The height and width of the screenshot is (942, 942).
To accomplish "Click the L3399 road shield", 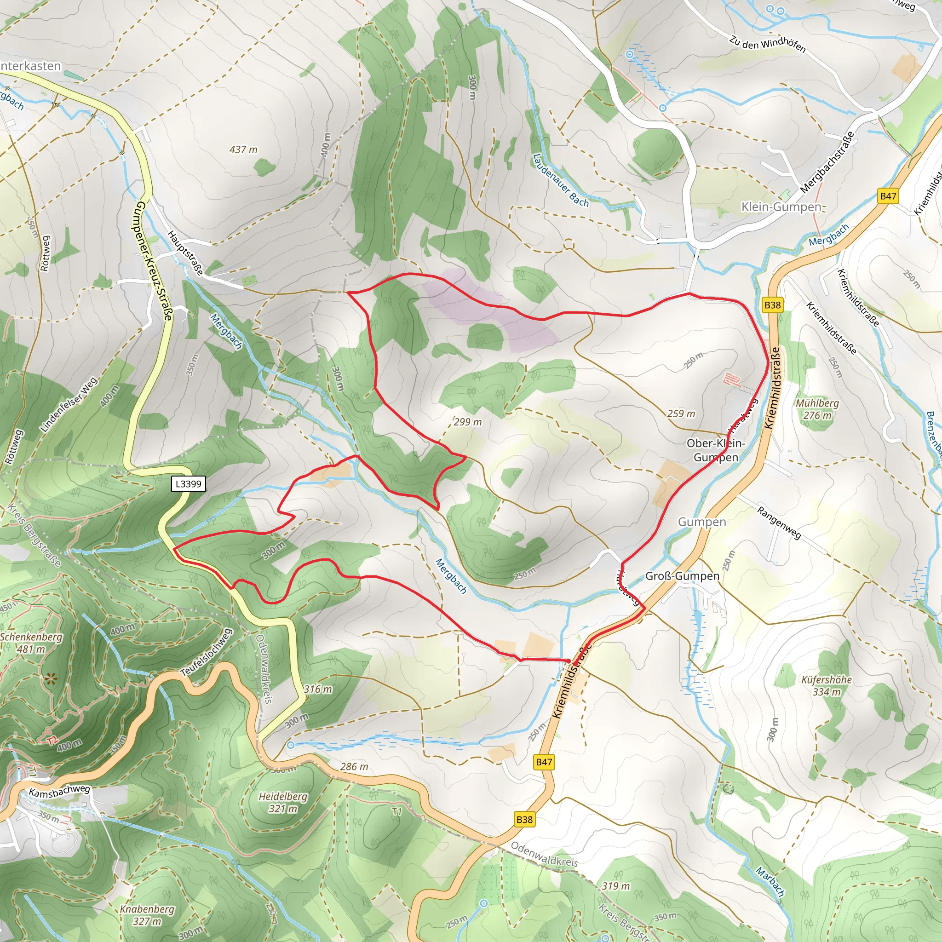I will (x=188, y=484).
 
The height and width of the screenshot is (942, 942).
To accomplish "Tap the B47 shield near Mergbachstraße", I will (x=888, y=196).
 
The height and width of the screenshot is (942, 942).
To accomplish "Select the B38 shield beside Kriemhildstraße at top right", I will (x=772, y=305).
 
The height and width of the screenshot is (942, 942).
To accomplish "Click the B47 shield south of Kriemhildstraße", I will (x=544, y=762).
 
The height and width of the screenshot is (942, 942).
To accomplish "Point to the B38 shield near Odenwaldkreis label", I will (x=525, y=819).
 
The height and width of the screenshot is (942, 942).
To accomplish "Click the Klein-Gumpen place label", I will (x=781, y=207).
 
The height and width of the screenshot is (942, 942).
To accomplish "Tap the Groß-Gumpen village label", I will (x=682, y=576).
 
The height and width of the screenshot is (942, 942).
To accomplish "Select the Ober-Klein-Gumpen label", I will (x=716, y=450).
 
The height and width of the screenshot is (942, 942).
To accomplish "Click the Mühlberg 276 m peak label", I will (x=817, y=409).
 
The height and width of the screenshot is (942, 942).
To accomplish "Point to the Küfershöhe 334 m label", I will (x=827, y=685).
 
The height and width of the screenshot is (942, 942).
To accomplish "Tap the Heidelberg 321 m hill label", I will (x=283, y=803).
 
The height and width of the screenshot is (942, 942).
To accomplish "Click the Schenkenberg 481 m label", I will (x=31, y=643).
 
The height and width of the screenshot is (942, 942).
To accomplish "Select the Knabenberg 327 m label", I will (x=147, y=915).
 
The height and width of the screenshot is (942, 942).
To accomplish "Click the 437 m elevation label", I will (x=243, y=149).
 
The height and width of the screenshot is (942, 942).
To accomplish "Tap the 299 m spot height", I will (x=468, y=422).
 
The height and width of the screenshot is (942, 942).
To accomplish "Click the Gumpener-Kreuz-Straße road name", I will (x=155, y=261).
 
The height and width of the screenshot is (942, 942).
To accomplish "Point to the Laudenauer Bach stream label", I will (x=561, y=180).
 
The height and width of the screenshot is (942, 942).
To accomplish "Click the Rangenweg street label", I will (x=779, y=523).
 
